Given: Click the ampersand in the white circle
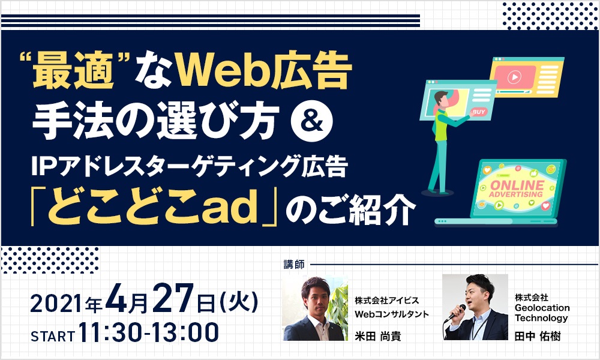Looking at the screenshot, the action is pos(312,121).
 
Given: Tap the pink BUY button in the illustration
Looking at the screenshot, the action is pos(479,112).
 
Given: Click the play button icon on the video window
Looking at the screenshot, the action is pos(514,77).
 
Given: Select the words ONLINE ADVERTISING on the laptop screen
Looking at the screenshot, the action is pos(516,189).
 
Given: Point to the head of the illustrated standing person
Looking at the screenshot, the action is pos(441,98).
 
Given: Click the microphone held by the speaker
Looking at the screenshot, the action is pos(456,313).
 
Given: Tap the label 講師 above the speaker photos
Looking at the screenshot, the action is pos(294,265).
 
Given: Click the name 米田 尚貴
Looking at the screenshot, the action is pos(377,336).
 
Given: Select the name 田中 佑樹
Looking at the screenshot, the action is pos(538,336).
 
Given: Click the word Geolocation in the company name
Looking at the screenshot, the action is pos(542,308).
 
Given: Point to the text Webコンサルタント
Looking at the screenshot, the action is pos(392,314).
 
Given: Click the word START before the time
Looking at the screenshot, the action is pos(53,336).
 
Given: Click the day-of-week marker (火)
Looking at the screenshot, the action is pos(239,302).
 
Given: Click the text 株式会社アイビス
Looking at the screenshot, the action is pos(387,301).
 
